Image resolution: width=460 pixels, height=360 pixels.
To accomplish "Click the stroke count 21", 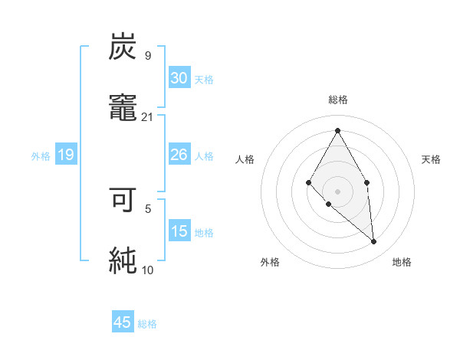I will click(x=148, y=116).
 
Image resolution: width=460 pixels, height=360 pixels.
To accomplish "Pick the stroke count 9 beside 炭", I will click(x=148, y=55).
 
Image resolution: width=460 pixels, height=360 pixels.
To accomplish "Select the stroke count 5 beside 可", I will click(x=148, y=208).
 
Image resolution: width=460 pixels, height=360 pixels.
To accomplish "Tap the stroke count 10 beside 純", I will click(x=148, y=269).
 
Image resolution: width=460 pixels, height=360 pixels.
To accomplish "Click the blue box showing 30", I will click(x=179, y=78).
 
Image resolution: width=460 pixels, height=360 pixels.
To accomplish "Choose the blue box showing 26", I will click(x=179, y=155).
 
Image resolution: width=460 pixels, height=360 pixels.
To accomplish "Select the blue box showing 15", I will click(x=179, y=231).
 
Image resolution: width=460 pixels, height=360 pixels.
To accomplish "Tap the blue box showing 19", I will click(x=66, y=155).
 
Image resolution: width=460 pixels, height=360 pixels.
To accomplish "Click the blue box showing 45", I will click(x=123, y=322).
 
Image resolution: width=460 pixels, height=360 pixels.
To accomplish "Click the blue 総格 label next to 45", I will click(x=147, y=324).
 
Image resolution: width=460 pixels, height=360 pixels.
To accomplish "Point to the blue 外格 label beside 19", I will click(x=41, y=156).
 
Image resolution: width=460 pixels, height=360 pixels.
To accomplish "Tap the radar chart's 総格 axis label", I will click(x=337, y=100).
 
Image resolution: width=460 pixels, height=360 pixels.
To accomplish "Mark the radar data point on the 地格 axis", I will click(x=374, y=242).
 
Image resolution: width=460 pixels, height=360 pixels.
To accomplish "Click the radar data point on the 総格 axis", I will click(x=337, y=130).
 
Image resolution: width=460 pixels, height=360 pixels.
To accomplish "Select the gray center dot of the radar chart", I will click(x=337, y=191).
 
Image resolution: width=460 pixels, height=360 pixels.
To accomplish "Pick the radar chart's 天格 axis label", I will click(x=432, y=159).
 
